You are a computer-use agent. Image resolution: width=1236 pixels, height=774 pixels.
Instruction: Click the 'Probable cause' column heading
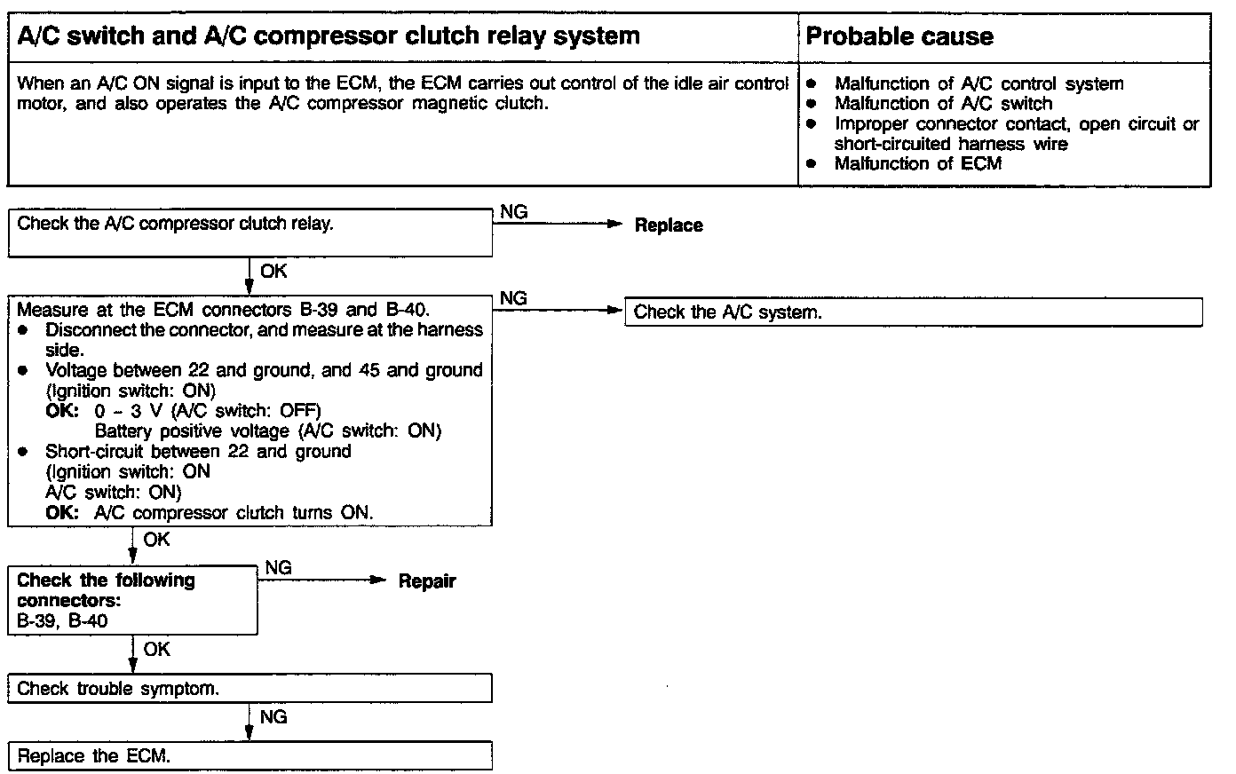(x=899, y=37)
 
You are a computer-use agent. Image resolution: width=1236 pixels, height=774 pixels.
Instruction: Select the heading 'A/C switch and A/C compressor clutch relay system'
(x=329, y=36)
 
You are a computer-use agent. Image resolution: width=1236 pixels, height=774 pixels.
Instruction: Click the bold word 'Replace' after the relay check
(x=668, y=225)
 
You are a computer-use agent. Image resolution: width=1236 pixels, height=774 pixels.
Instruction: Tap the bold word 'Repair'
(x=426, y=581)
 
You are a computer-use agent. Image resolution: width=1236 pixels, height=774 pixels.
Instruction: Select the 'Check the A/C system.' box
(x=913, y=312)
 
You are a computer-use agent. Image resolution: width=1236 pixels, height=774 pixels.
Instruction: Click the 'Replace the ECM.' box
(x=250, y=756)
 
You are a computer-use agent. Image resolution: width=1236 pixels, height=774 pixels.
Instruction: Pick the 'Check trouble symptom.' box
(x=250, y=689)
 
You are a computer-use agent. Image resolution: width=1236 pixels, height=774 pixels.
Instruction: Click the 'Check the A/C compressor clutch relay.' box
(x=250, y=233)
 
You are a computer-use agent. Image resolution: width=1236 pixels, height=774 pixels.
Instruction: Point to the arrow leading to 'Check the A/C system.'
(x=559, y=311)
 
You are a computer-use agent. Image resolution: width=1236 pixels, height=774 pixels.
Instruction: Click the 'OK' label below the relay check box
(x=273, y=272)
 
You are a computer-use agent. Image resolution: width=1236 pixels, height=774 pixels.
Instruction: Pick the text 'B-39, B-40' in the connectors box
(x=62, y=620)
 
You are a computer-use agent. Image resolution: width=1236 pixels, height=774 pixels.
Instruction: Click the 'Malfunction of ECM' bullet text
(x=917, y=163)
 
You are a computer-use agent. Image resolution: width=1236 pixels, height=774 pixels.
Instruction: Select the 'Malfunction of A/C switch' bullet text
(x=943, y=104)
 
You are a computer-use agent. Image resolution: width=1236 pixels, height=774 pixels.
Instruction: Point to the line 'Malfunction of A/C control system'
(x=979, y=84)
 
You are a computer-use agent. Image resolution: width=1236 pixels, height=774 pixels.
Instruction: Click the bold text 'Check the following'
(x=106, y=580)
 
